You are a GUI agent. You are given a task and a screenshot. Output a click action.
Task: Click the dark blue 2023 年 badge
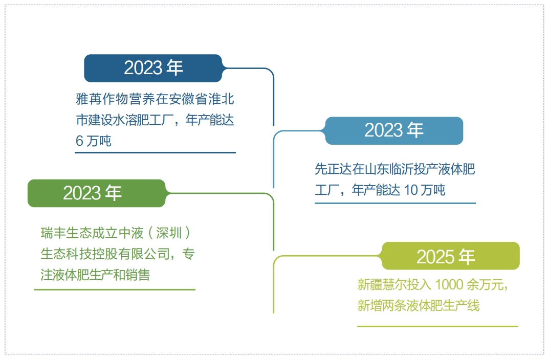[153, 68]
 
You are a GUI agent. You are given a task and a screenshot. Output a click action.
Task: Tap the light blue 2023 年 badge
[394, 130]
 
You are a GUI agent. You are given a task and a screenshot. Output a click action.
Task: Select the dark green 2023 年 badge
[97, 193]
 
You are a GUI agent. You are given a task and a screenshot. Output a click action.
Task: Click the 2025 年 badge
[450, 256]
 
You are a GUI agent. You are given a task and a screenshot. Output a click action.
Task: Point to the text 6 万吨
[94, 141]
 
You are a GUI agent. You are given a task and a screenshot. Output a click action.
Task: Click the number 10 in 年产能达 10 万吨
[411, 190]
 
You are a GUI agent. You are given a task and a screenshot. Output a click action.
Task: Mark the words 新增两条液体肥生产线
[419, 306]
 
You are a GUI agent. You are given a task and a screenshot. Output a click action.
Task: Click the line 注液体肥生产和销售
[95, 275]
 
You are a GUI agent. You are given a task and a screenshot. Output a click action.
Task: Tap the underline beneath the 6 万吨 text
[156, 152]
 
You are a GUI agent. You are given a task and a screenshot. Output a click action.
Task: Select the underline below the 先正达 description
[394, 203]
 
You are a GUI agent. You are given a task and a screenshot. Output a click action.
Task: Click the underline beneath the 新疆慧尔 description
[437, 326]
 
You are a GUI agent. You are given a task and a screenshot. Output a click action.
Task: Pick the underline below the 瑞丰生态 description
[115, 289]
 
